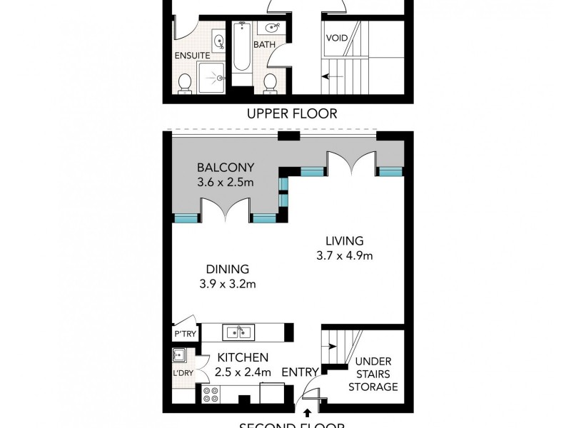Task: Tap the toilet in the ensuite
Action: click(186, 83)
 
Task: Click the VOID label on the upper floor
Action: click(336, 38)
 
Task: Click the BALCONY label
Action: click(225, 168)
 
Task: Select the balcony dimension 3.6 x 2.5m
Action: click(225, 183)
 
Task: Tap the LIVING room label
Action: click(344, 240)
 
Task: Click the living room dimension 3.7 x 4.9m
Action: click(344, 255)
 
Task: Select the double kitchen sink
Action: click(237, 332)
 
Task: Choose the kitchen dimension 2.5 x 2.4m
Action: click(242, 372)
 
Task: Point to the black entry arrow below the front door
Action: click(308, 412)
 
